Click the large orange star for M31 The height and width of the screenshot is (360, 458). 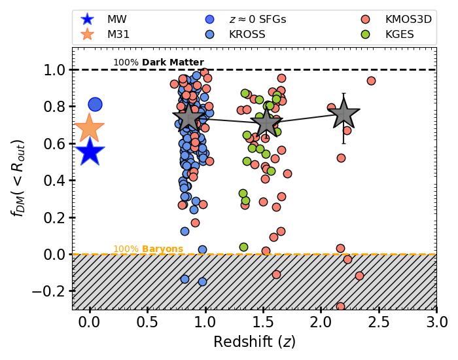(90, 128)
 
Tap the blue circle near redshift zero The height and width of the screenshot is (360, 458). (95, 104)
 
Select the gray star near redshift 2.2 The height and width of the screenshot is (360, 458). (343, 115)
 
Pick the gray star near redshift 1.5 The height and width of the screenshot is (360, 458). (266, 122)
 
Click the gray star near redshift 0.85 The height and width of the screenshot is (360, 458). (188, 117)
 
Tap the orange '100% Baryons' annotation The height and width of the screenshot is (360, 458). (148, 249)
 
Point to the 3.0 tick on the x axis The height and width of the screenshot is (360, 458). (436, 323)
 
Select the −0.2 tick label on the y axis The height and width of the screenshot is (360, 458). (50, 291)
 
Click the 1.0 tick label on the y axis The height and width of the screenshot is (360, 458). (54, 69)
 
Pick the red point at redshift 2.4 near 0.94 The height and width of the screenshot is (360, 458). (371, 81)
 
